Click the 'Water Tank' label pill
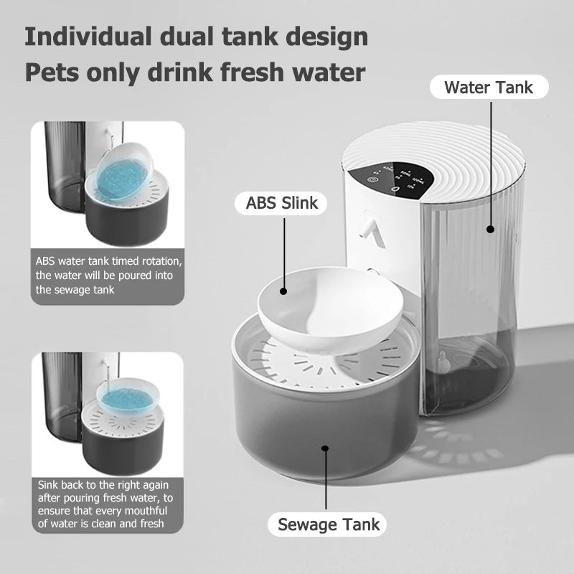coord(489,88)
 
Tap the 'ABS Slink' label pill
coord(281,203)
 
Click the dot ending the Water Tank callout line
coord(491,230)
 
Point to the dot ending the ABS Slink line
coord(283,291)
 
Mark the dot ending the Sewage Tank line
coord(326,448)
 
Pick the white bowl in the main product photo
coord(330,301)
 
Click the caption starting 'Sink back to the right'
coord(105,504)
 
